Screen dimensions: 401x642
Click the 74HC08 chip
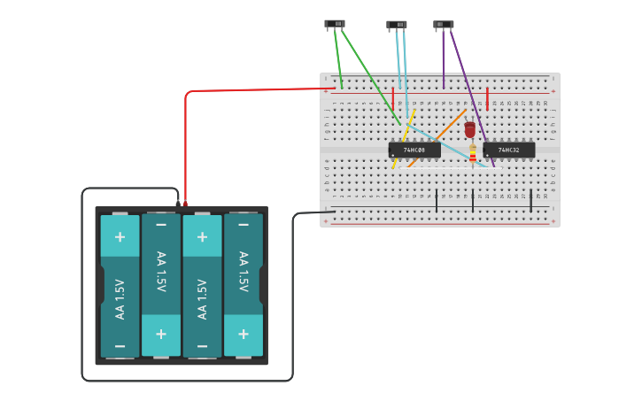point(414,150)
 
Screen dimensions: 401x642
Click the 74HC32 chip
point(509,150)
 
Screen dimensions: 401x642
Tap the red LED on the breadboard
point(470,129)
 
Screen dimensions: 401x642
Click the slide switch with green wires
point(335,24)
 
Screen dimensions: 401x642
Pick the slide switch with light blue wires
point(397,25)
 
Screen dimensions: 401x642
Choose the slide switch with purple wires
point(443,25)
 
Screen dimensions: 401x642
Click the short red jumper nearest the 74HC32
point(487,98)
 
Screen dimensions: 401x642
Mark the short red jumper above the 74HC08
point(393,98)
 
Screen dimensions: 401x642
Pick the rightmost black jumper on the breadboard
point(531,200)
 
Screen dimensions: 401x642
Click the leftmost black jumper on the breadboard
point(437,200)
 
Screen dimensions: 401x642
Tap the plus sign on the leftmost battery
point(120,237)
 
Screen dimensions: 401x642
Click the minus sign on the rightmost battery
point(243,237)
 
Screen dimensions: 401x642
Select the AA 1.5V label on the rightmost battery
point(243,273)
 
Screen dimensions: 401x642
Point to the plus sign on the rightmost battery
point(243,334)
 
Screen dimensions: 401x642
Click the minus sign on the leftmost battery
point(120,345)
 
